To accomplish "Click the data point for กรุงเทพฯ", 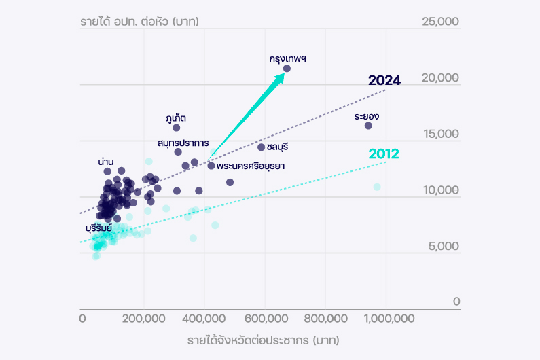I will click(x=287, y=69).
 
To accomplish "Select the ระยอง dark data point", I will click(x=368, y=126).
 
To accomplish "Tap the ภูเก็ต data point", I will click(x=177, y=128).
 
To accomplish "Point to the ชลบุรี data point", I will click(x=261, y=147).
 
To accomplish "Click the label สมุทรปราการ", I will click(x=183, y=143).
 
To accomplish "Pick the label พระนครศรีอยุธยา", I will click(x=250, y=166).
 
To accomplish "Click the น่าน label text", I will click(x=105, y=162).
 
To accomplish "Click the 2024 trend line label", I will click(x=384, y=81).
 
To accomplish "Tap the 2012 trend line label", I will click(x=384, y=154).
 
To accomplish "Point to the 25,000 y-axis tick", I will click(x=441, y=22).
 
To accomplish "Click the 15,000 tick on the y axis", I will click(x=441, y=134).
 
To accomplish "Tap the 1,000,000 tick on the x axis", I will click(x=386, y=318).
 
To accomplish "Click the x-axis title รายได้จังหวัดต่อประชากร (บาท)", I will click(x=264, y=340).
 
